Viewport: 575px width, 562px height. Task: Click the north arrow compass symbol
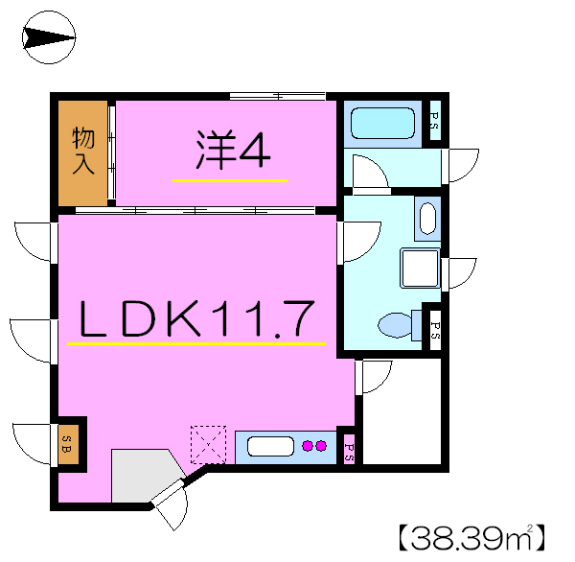click(48, 38)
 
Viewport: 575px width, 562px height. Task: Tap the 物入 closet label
click(83, 151)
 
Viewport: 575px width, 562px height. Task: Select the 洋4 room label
click(233, 150)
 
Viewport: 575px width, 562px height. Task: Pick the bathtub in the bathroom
click(382, 124)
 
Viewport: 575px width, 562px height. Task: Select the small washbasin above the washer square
click(427, 218)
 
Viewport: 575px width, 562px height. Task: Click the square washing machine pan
click(419, 268)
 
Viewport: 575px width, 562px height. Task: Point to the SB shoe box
click(69, 442)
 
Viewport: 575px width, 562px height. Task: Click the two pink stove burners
click(314, 445)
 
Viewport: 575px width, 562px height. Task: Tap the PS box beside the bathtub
click(432, 121)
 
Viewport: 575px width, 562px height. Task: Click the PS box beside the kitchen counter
click(348, 447)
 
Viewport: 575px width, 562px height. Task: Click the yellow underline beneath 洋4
click(230, 179)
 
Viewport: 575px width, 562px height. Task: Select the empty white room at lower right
click(402, 412)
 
